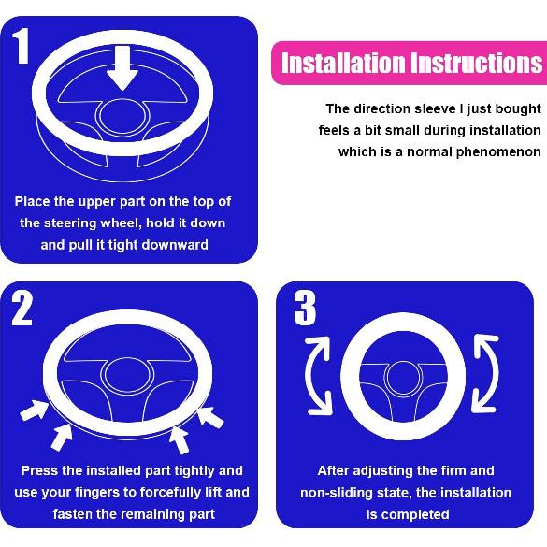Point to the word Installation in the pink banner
tap(343, 65)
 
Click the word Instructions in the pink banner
tap(476, 65)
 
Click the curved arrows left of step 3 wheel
tap(314, 376)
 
